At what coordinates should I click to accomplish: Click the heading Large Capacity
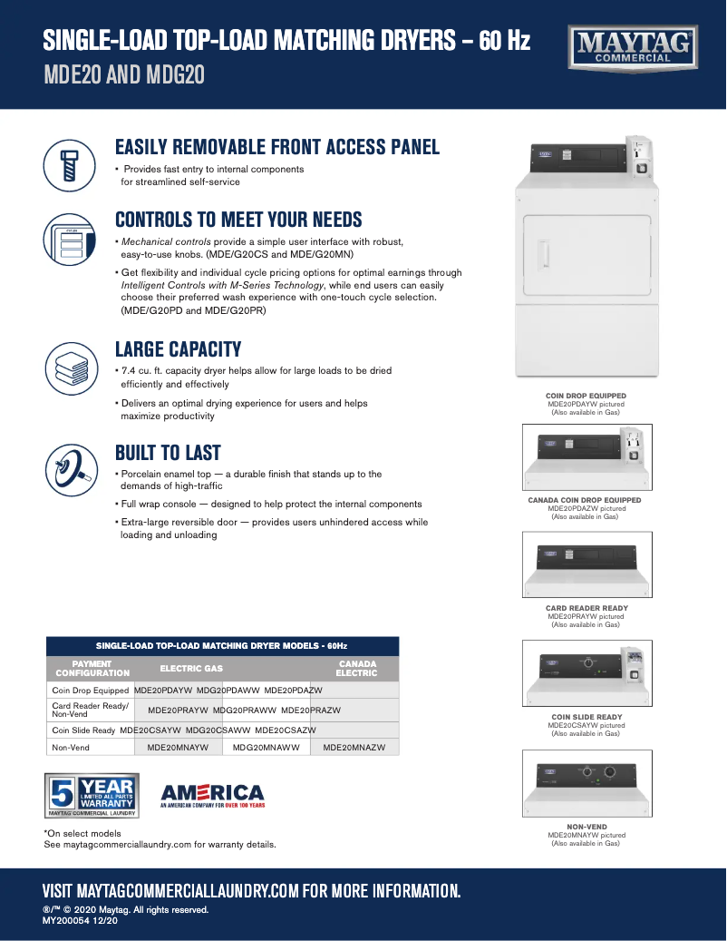(178, 349)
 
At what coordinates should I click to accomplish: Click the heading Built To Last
(168, 453)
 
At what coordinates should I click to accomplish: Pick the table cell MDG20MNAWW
(266, 748)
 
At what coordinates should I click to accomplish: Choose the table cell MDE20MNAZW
(354, 748)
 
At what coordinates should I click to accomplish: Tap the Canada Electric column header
(356, 669)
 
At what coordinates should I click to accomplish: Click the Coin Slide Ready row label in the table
(83, 730)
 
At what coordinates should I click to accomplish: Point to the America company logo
(212, 796)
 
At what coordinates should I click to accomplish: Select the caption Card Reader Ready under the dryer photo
(586, 608)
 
